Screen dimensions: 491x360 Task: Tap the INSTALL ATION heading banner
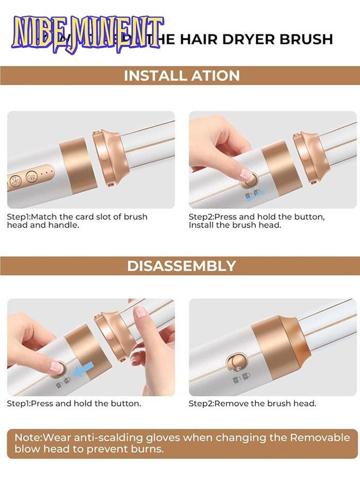click(182, 75)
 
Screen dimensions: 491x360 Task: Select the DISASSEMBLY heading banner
click(182, 266)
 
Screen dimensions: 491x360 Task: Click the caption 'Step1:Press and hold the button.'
click(74, 404)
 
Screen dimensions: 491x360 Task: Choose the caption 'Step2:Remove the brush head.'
click(253, 404)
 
